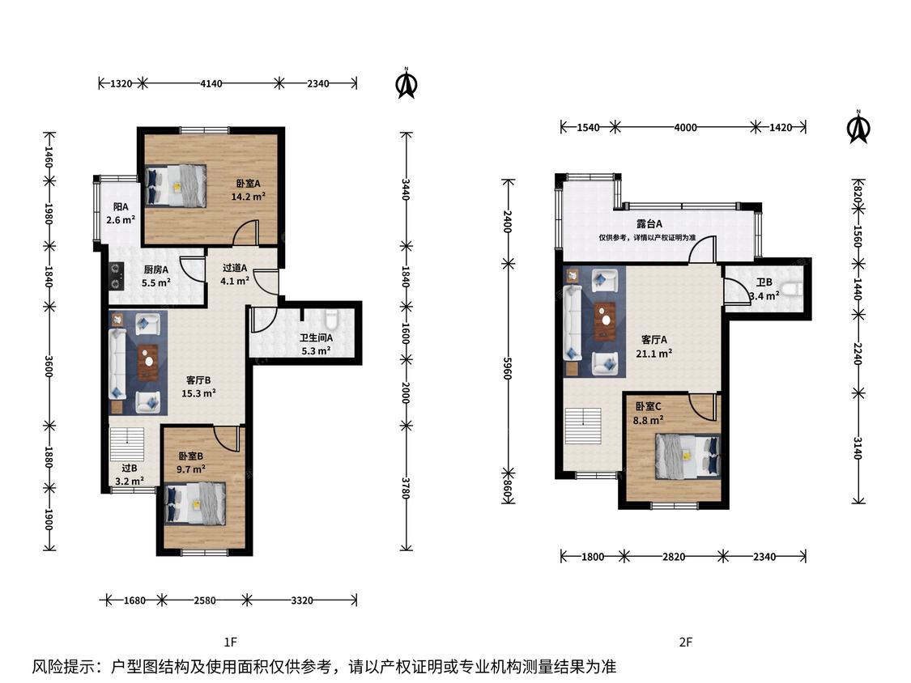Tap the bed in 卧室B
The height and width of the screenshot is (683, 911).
tap(195, 503)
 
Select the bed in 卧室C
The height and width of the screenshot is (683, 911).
tap(688, 456)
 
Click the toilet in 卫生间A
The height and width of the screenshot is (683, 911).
tap(331, 320)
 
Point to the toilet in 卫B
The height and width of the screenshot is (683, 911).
tap(790, 289)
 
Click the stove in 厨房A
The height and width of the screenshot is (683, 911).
tap(117, 276)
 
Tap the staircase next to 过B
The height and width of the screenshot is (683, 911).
tap(126, 444)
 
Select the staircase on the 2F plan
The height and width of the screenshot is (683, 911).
tap(583, 426)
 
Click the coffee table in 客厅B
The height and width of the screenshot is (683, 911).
tap(148, 363)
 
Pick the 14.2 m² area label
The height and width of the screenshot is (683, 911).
tap(248, 197)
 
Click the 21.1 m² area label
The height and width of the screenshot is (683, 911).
tap(653, 353)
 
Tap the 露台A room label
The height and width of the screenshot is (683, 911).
tap(649, 223)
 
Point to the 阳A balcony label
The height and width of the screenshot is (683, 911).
tap(121, 206)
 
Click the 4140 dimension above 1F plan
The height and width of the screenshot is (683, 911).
tap(211, 83)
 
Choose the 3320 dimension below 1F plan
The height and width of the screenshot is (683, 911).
tap(301, 600)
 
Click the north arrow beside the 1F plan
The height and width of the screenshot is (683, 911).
tap(407, 83)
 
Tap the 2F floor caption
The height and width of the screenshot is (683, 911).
tap(686, 642)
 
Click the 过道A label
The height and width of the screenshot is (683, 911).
tap(235, 268)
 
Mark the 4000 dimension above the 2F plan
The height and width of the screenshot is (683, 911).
tap(685, 127)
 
